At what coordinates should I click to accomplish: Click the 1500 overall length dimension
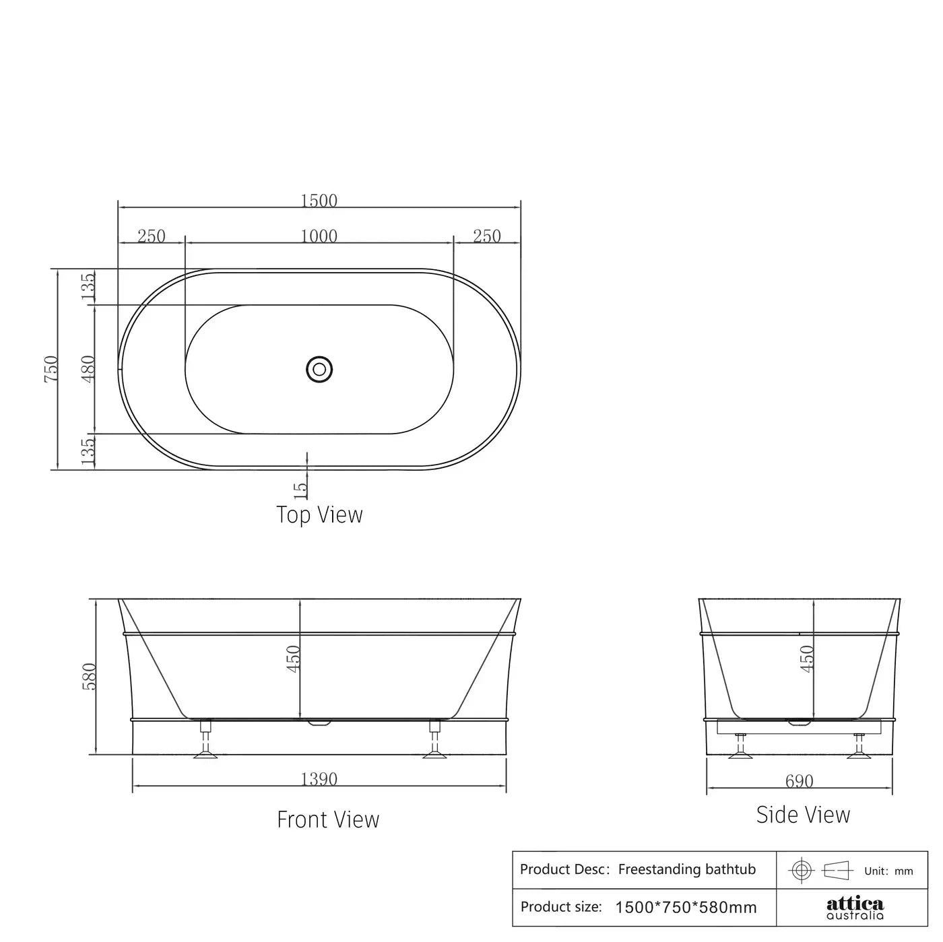319,201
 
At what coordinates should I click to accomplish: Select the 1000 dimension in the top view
319,236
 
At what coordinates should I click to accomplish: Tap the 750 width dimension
51,369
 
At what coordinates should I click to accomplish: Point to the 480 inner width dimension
88,368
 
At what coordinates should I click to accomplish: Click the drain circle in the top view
319,369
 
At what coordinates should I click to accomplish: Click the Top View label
319,515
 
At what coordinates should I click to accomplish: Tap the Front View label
328,819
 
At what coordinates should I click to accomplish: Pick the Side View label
803,815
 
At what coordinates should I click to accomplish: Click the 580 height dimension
90,676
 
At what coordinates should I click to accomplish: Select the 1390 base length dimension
319,779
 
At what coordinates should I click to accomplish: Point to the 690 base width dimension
799,781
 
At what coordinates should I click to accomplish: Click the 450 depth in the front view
294,659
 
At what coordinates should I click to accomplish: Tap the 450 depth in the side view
807,659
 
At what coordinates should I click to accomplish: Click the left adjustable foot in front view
206,741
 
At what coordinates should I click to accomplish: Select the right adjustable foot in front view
434,741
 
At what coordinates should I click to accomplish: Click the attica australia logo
855,908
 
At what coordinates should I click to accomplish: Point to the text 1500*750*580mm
686,908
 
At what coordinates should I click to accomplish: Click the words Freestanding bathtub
686,869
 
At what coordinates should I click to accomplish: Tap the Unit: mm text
888,871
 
